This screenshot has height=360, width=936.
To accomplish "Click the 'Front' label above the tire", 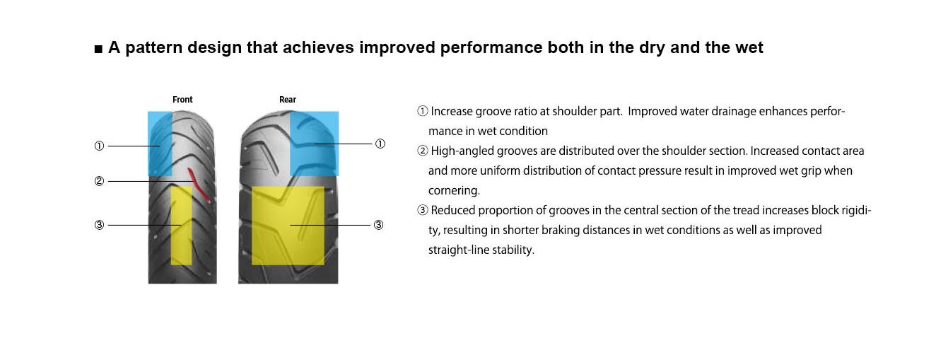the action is [182, 100].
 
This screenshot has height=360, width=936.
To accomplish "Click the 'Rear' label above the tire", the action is [288, 100].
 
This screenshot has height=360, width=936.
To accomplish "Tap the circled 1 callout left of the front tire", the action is [99, 146].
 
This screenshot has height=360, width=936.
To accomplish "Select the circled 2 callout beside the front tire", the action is [99, 181].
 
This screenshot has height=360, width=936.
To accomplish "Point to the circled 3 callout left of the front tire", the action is [99, 225].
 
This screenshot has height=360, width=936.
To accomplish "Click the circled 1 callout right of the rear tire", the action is [380, 144].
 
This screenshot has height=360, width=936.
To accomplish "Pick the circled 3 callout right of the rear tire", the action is [379, 225].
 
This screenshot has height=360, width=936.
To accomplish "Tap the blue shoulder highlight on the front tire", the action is [160, 144].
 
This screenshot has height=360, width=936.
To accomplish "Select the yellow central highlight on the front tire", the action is [182, 226].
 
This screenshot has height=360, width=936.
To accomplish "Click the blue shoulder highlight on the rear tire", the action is [314, 144].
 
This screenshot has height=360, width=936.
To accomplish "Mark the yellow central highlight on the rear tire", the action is [288, 226].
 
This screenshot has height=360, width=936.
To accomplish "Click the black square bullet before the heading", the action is [98, 50].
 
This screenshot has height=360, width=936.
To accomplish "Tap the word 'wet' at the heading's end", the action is [749, 47].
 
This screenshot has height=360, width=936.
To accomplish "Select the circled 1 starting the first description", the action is [423, 111].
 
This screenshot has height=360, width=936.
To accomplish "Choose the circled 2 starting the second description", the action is [423, 151].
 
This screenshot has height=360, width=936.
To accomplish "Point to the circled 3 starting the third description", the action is [423, 210].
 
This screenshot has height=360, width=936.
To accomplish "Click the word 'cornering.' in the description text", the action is [454, 191].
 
